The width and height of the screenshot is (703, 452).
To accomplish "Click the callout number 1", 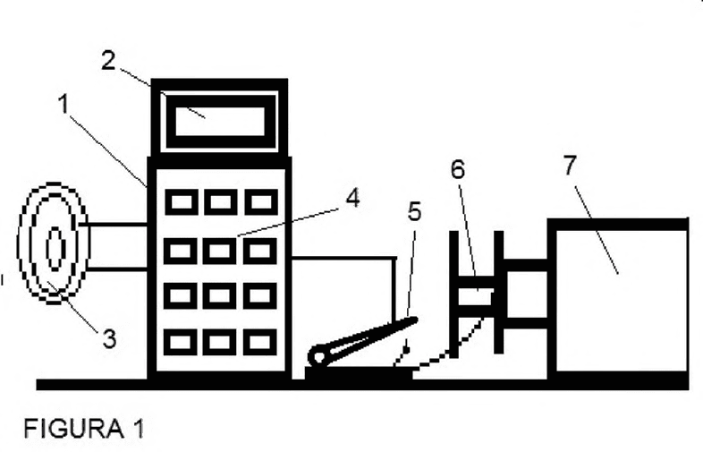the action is pos(64,105).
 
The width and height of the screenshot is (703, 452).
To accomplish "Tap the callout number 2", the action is pos(108,60).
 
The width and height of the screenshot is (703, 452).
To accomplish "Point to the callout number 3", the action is pos(110,338).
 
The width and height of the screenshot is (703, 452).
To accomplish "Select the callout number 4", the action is pos(353,198).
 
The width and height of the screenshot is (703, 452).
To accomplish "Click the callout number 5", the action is pos(415,211).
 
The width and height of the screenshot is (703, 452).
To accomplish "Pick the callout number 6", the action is pos(458,170).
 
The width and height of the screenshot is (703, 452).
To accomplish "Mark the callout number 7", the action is pos(570,166).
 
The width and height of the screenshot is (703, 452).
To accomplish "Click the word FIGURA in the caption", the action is pos(74,429).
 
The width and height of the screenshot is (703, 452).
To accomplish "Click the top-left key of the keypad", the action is pos(182,202).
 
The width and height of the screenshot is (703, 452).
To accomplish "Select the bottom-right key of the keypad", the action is pos(260,342).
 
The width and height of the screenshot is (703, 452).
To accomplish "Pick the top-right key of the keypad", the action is pos(261,202).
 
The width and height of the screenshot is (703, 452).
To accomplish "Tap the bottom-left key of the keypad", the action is pos(181,342).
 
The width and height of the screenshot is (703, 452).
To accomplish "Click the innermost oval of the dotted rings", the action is pos(55,248).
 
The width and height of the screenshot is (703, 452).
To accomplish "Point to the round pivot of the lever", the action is pos(318,358).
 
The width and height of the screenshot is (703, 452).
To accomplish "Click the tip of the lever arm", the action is pos(416,320).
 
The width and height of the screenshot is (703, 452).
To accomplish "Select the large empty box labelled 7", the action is pos(618,299).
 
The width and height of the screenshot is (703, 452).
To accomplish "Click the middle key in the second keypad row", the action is pos(220,251).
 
